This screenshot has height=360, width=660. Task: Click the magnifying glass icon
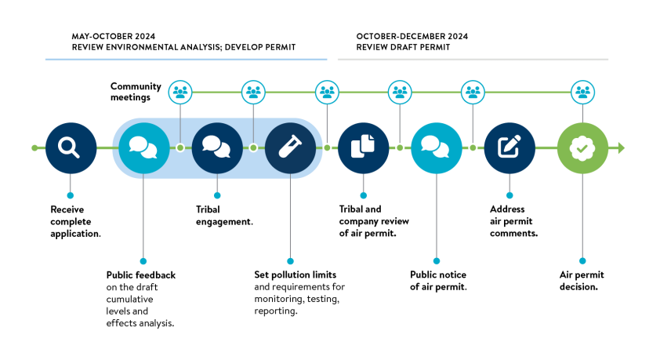[x=71, y=147]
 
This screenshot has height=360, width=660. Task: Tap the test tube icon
[x=290, y=147]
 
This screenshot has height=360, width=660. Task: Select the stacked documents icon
[x=363, y=147]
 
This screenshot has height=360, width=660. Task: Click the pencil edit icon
[x=510, y=147]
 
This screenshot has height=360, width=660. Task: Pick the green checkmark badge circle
[x=582, y=147]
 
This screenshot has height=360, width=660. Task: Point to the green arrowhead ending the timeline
[x=621, y=147]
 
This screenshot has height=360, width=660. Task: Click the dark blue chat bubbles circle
[x=217, y=147]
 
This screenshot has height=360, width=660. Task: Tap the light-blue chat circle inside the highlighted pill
[x=143, y=147]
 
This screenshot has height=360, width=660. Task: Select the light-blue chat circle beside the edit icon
[x=437, y=147]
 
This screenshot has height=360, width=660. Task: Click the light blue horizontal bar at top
[x=186, y=60]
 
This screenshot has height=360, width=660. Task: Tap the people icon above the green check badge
[x=582, y=92]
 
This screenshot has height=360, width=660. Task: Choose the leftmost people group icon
[x=180, y=92]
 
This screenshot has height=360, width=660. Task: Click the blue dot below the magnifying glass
[x=70, y=195]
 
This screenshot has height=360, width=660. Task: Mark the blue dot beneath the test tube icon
[x=290, y=261]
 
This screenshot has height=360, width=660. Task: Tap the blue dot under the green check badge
[x=582, y=261]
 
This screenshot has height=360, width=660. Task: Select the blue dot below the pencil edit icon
[x=510, y=195]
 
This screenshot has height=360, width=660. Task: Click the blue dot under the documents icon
[x=363, y=195]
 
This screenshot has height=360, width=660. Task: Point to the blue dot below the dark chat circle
[x=217, y=195]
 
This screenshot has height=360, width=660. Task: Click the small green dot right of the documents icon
[x=400, y=147]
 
